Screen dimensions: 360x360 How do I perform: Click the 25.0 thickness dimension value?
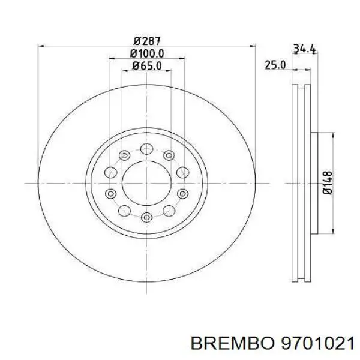pyautogui.click(x=276, y=65)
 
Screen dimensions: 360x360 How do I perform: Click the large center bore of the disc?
pyautogui.click(x=146, y=182)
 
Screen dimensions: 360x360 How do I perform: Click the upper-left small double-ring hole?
pyautogui.click(x=124, y=156)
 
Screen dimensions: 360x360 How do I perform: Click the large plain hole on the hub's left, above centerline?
pyautogui.click(x=111, y=173)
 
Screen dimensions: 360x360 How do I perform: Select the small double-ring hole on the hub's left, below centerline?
pyautogui.click(x=111, y=193)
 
